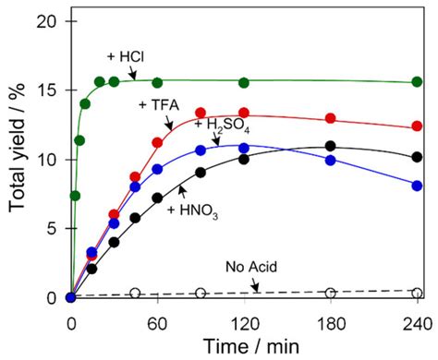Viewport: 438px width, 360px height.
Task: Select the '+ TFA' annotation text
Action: (x=155, y=103)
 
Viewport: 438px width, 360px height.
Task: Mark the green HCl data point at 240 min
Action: (x=417, y=82)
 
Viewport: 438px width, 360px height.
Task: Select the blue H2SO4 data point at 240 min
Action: (x=417, y=186)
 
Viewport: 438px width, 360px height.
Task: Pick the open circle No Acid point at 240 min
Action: (x=417, y=294)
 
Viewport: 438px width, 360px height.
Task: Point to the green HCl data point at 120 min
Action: (x=244, y=83)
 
